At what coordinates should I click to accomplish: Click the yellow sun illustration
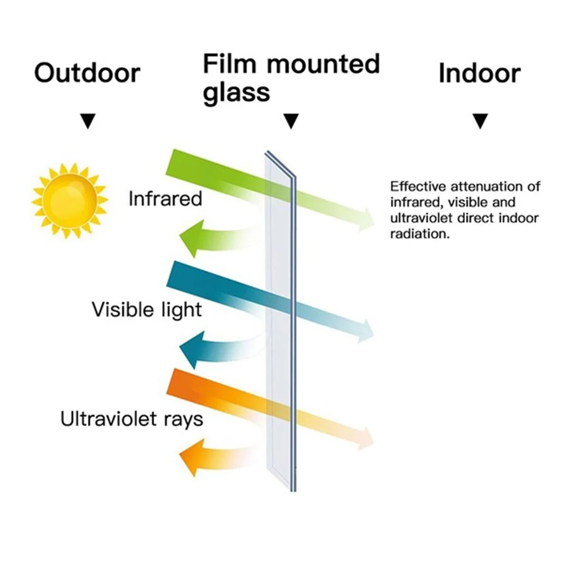pyautogui.click(x=70, y=200)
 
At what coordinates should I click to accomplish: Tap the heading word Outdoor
pyautogui.click(x=87, y=74)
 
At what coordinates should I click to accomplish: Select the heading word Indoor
pyautogui.click(x=480, y=74)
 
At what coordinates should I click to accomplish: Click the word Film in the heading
pyautogui.click(x=230, y=64)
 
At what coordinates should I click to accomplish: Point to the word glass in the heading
pyautogui.click(x=236, y=92)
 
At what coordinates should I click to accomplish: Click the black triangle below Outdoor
pyautogui.click(x=88, y=121)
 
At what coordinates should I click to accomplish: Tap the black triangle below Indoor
pyautogui.click(x=480, y=121)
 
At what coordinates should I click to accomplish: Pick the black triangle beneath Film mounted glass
pyautogui.click(x=291, y=121)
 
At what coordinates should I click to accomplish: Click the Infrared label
pyautogui.click(x=165, y=199)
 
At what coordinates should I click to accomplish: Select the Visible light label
pyautogui.click(x=146, y=309)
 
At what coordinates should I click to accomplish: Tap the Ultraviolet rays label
pyautogui.click(x=132, y=419)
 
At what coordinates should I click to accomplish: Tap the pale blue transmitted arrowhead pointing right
pyautogui.click(x=367, y=330)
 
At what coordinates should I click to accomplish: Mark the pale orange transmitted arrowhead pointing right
pyautogui.click(x=367, y=438)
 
